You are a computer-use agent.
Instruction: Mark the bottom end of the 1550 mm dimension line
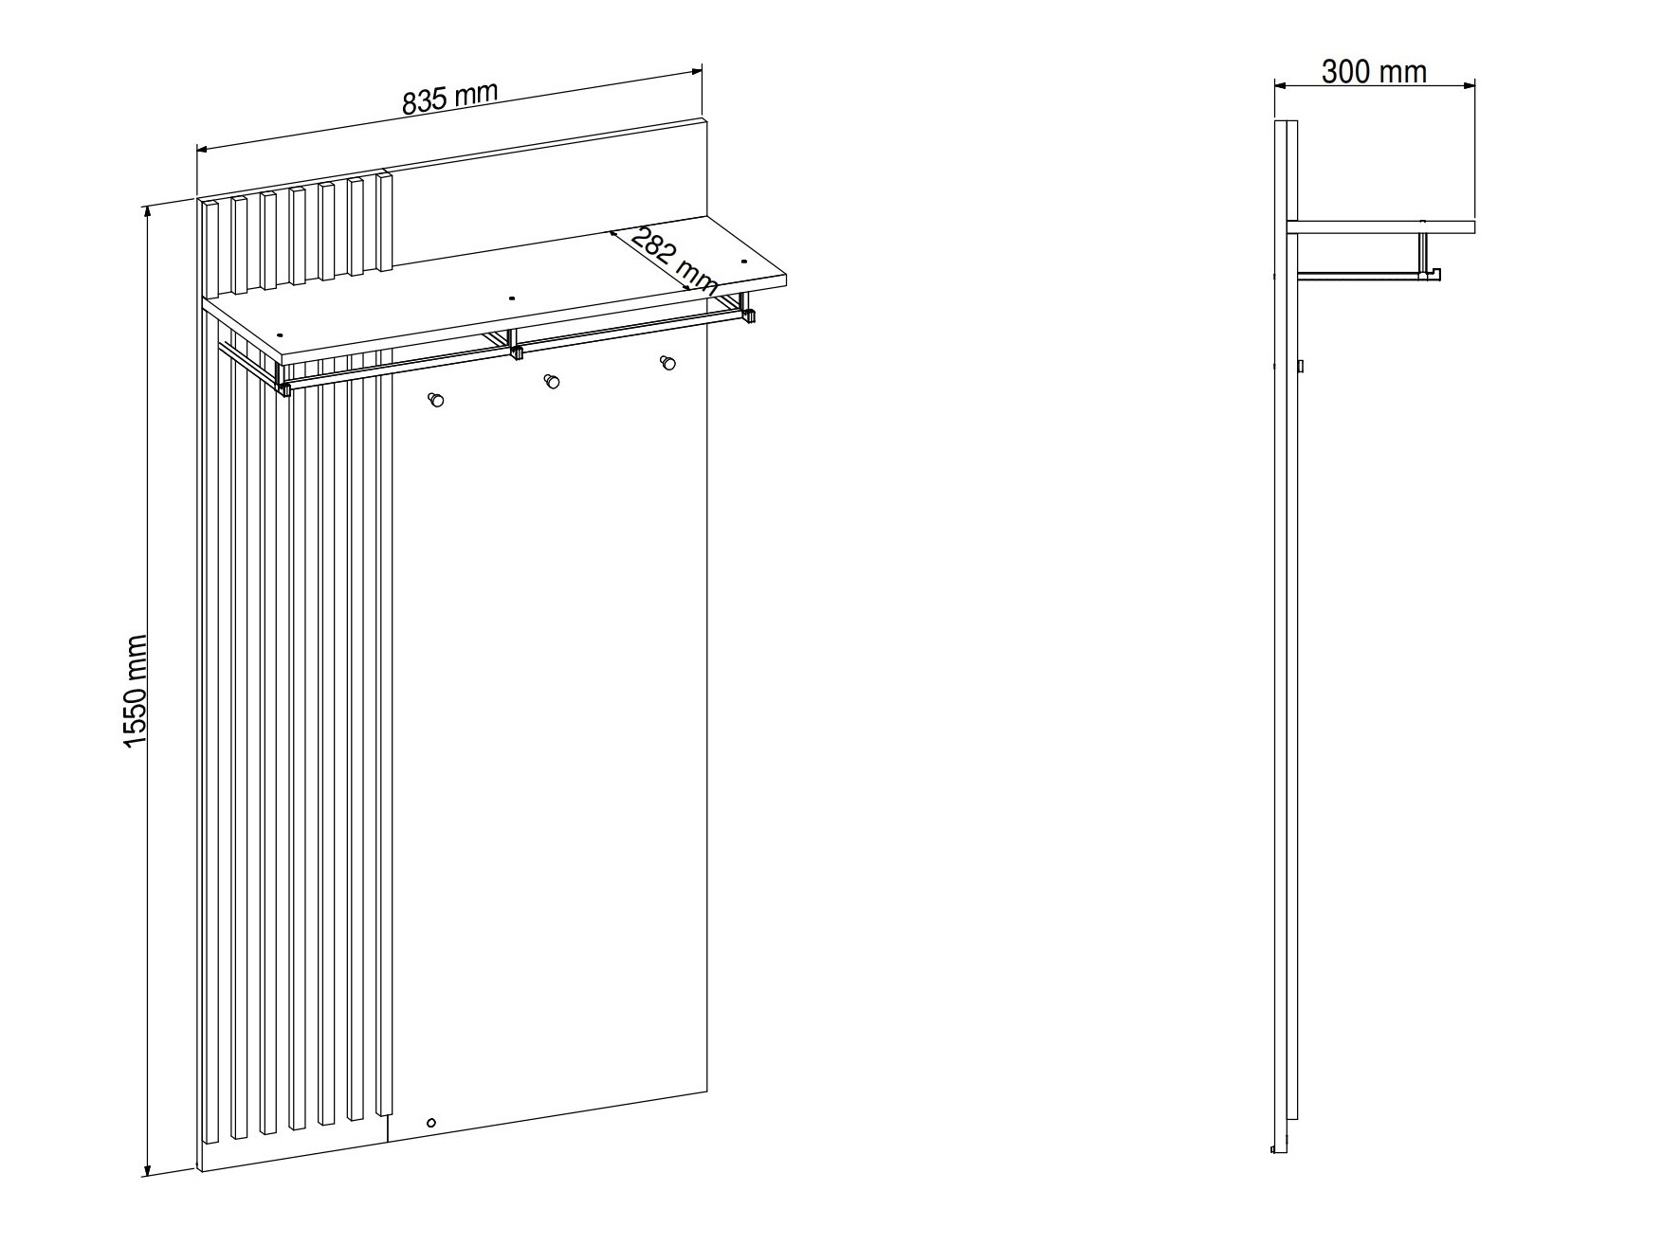(147, 1177)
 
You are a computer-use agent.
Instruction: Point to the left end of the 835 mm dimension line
(197, 150)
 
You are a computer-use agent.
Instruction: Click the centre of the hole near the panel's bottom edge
(431, 1122)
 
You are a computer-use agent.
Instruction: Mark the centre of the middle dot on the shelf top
(512, 298)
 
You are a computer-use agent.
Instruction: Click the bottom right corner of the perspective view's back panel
(707, 1092)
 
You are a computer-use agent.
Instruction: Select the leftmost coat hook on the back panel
(435, 399)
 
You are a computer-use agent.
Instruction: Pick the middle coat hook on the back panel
(551, 382)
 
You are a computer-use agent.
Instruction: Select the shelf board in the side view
(1380, 227)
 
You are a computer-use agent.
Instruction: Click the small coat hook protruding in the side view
(1300, 366)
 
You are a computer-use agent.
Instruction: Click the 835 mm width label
(450, 98)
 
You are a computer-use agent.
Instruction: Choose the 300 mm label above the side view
(1374, 71)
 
